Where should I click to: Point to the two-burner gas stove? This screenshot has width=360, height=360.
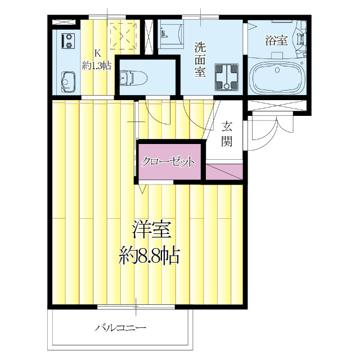tap(69, 41)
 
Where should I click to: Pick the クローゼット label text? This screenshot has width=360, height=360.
tap(168, 162)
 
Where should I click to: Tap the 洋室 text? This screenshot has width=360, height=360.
tap(152, 230)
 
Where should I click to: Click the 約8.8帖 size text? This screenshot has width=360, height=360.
tap(150, 256)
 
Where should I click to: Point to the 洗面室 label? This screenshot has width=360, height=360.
tap(200, 58)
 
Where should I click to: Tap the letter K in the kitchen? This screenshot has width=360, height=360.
tap(97, 53)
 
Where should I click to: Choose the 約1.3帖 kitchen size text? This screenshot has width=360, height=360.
tap(97, 65)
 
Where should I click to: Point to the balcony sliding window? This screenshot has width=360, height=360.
tap(136, 307)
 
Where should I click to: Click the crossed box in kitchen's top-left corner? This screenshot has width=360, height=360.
tap(58, 22)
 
